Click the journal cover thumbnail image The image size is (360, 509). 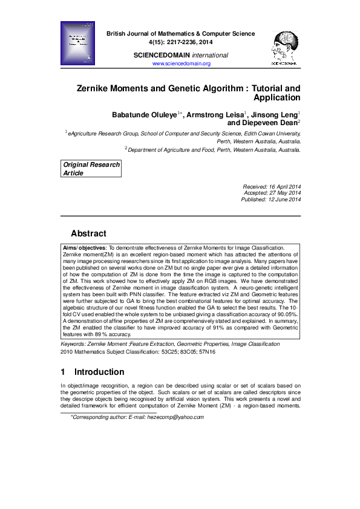click(79, 43)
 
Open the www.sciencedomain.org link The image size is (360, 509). click(181, 63)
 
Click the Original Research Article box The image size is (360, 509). click(91, 169)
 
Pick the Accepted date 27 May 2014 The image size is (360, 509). click(285, 193)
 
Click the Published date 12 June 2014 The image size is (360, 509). click(284, 199)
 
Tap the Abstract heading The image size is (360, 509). click(88, 233)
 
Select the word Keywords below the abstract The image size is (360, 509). click(73, 343)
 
